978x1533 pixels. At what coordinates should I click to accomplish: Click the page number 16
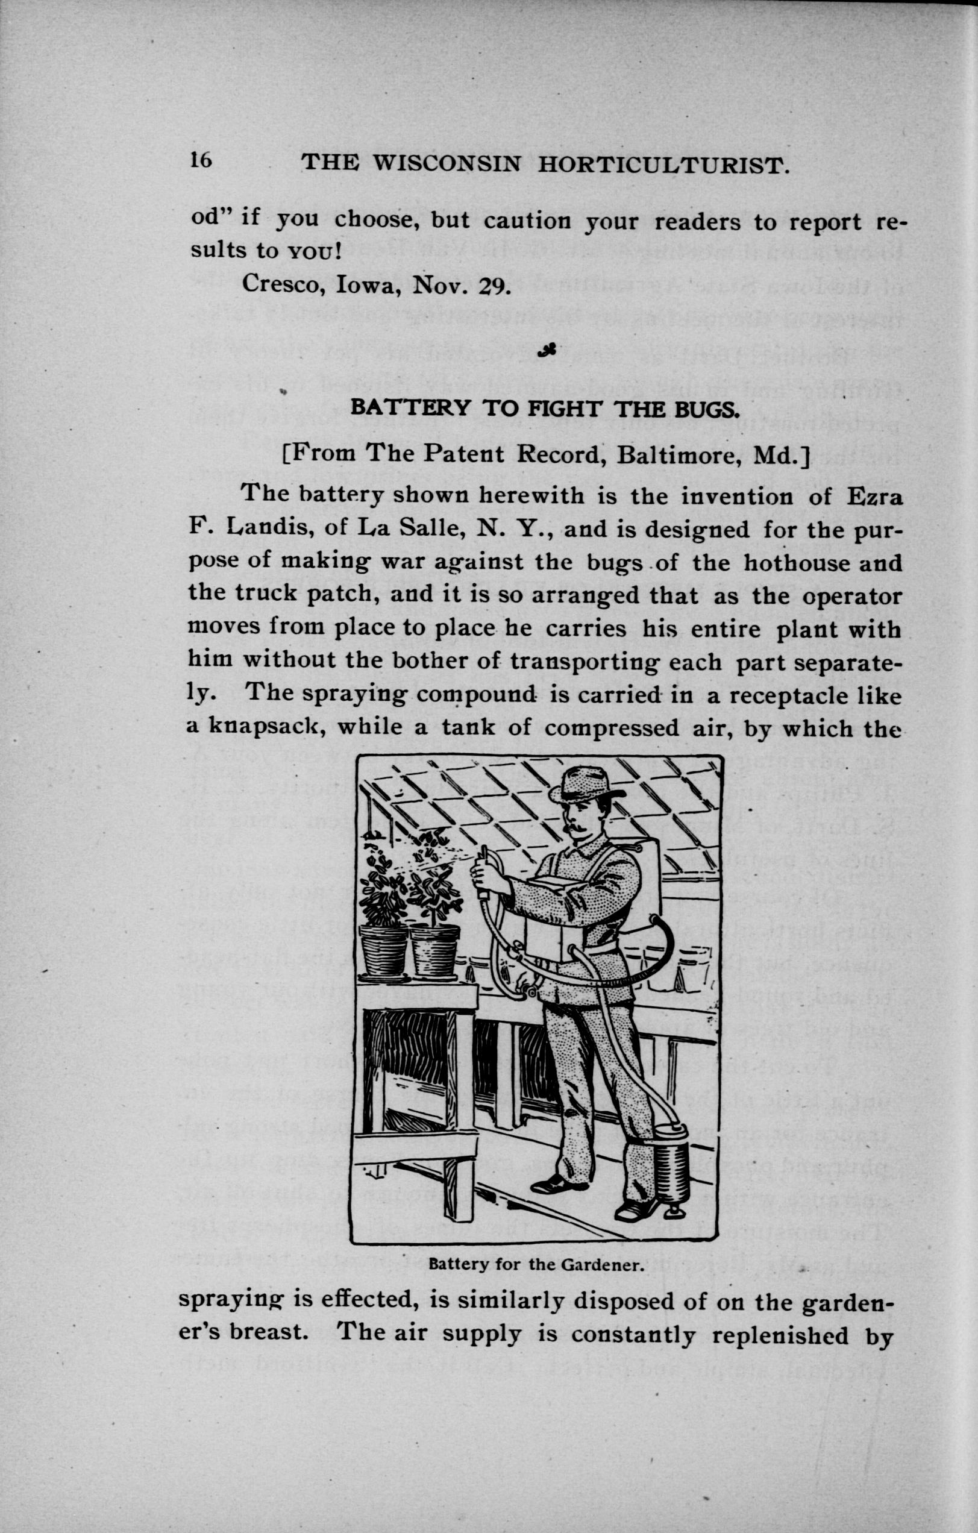(200, 160)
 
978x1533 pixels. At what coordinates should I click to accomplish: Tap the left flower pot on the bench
(384, 950)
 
